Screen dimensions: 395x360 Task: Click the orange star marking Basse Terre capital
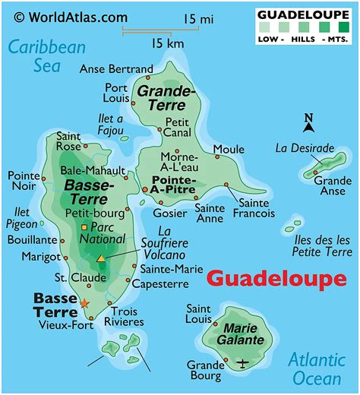tap(84, 304)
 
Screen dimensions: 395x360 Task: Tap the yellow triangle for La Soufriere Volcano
tap(101, 259)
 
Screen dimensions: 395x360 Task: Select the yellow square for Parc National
tap(84, 227)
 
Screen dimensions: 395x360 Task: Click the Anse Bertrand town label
tap(115, 69)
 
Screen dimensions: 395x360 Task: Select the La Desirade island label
tap(304, 147)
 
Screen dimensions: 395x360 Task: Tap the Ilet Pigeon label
tap(23, 217)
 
